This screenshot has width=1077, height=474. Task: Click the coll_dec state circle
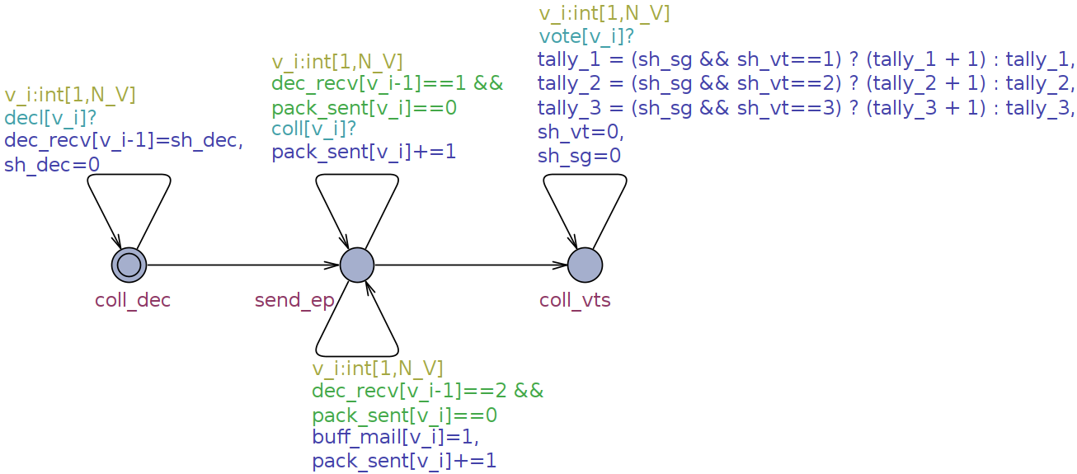(x=129, y=265)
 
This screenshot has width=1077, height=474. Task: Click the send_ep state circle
(x=357, y=265)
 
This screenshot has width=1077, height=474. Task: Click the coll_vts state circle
(x=585, y=265)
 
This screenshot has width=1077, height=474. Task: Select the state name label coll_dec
(x=133, y=300)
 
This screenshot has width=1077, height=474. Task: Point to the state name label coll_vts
(x=575, y=300)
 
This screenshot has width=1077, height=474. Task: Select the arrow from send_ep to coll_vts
(x=471, y=265)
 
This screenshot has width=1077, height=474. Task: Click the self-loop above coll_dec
(x=129, y=176)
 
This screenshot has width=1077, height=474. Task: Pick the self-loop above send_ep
(x=357, y=176)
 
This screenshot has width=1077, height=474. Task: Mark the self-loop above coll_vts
(x=585, y=176)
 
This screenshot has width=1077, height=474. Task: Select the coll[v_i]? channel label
(x=314, y=129)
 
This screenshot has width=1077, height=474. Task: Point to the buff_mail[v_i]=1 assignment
(x=395, y=436)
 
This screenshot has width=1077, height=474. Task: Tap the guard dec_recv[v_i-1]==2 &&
(x=427, y=391)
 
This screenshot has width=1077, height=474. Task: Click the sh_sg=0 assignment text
(x=579, y=156)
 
